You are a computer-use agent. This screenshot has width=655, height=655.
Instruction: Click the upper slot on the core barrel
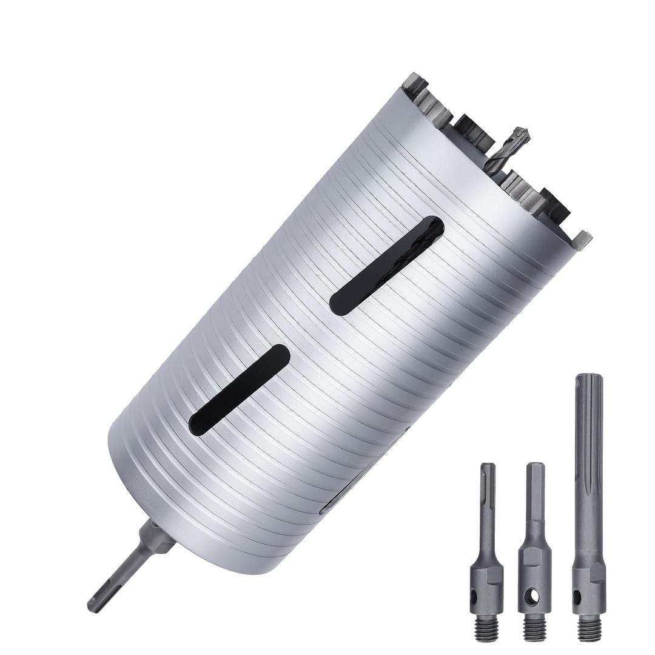387,265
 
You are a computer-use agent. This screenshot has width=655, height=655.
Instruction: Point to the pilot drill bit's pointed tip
522,131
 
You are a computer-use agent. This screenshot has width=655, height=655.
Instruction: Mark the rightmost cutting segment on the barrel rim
583,240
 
